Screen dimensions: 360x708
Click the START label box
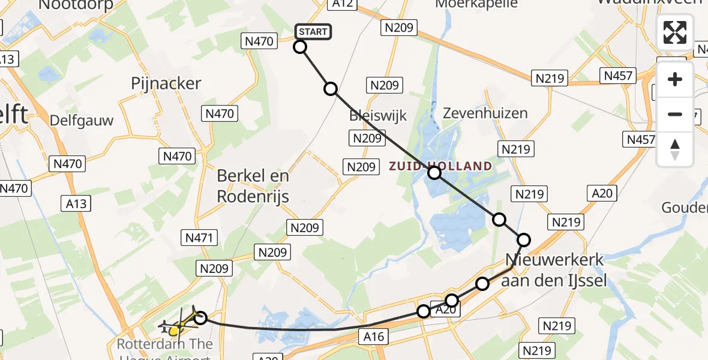click(313, 32)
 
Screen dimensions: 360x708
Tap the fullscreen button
click(675, 32)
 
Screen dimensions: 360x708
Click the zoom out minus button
click(675, 114)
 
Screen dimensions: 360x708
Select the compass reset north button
click(675, 149)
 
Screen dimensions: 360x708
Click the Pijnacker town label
click(166, 83)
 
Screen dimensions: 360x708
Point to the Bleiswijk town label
click(379, 115)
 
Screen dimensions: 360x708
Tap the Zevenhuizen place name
click(485, 113)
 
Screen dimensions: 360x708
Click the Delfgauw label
click(82, 120)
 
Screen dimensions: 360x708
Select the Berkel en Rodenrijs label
click(253, 186)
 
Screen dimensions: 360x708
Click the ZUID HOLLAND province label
click(441, 166)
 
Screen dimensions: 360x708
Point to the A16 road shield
click(373, 337)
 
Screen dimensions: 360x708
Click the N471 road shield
click(197, 238)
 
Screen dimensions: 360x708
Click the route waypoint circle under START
click(300, 47)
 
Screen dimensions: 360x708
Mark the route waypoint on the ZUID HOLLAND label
click(434, 173)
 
